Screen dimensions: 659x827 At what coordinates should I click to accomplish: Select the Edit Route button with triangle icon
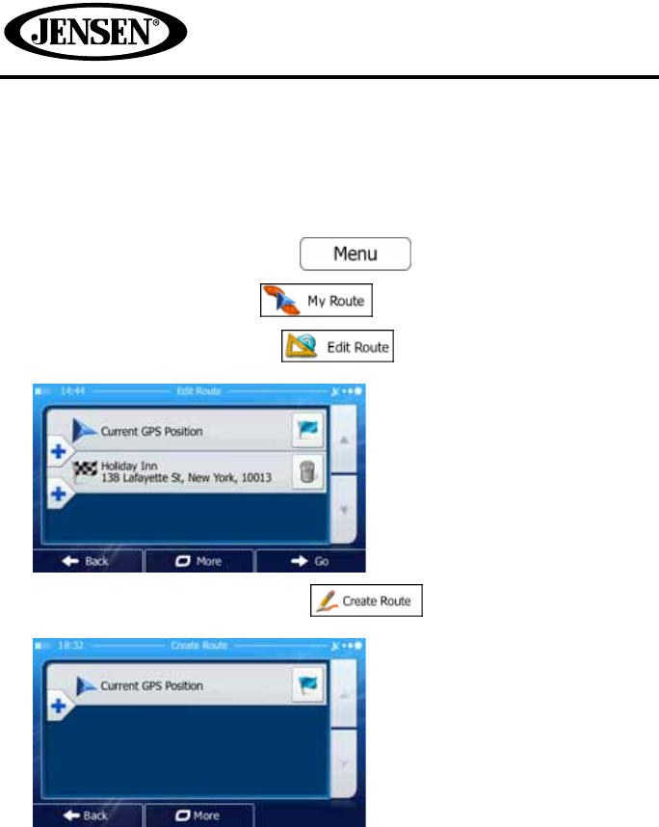tap(337, 346)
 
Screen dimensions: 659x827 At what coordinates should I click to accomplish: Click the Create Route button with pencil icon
tap(366, 601)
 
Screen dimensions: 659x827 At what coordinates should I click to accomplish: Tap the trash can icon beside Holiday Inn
tap(306, 472)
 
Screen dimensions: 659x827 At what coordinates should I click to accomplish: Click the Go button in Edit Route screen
tap(310, 561)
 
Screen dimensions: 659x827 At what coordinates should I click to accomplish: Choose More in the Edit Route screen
tap(199, 561)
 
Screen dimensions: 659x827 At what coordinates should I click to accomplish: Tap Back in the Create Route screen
tap(88, 815)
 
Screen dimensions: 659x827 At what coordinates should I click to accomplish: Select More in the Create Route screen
tap(199, 815)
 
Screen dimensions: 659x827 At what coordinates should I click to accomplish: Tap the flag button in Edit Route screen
tap(306, 431)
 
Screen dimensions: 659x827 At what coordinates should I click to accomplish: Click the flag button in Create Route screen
tap(306, 685)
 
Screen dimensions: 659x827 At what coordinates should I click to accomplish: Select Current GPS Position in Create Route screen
tap(151, 685)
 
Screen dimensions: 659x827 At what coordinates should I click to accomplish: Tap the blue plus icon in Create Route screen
tap(57, 705)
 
